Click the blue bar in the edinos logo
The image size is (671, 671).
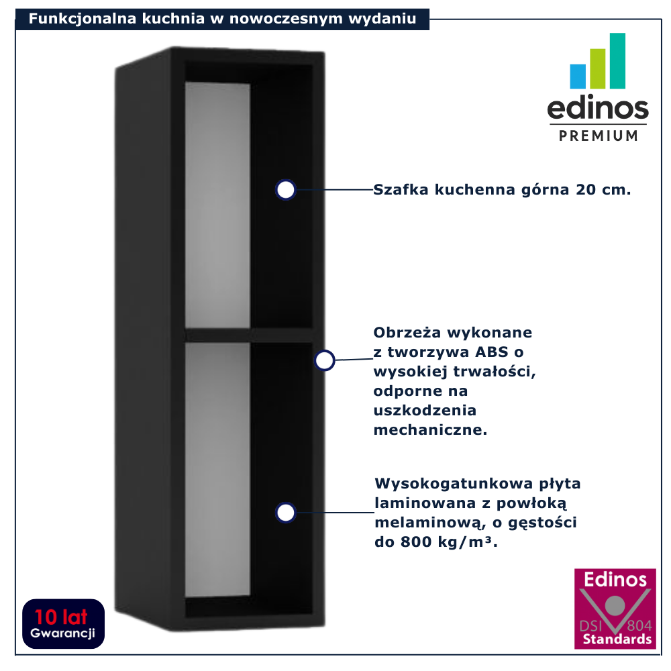click(578, 76)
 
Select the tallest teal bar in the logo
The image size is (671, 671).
click(617, 60)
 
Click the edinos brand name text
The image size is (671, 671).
click(598, 109)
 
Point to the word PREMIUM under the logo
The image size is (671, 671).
click(599, 136)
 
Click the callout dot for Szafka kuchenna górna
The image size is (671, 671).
click(286, 190)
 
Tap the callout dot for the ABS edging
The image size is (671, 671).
click(325, 360)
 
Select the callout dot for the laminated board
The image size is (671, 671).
click(286, 513)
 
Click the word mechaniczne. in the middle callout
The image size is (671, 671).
click(430, 430)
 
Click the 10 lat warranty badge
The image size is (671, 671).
click(63, 623)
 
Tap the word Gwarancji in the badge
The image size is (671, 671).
click(63, 633)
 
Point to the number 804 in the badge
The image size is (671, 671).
click(639, 625)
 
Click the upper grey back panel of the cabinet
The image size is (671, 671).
click(217, 205)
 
